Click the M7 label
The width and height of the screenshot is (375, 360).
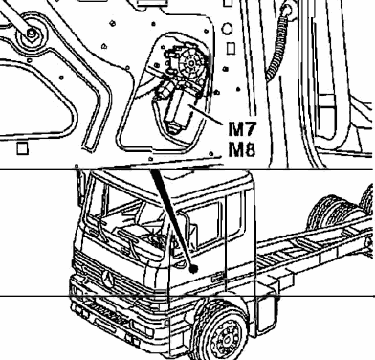pyautogui.click(x=243, y=128)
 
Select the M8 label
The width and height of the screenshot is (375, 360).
pyautogui.click(x=242, y=149)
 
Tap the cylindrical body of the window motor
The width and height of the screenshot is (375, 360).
pyautogui.click(x=178, y=108)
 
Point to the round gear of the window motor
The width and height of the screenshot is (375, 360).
pyautogui.click(x=191, y=64)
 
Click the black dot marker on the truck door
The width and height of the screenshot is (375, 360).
pyautogui.click(x=193, y=269)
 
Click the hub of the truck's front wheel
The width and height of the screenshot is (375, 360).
pyautogui.click(x=227, y=338)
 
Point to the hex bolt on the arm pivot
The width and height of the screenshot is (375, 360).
pyautogui.click(x=32, y=32)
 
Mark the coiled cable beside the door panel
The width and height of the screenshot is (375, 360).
pyautogui.click(x=276, y=48)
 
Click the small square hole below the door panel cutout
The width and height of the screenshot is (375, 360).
pyautogui.click(x=22, y=148)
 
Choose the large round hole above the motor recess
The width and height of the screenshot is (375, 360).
pyautogui.click(x=227, y=29)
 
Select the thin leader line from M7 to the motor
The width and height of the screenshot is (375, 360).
pyautogui.click(x=207, y=114)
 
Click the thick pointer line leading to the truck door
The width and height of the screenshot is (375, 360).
pyautogui.click(x=172, y=218)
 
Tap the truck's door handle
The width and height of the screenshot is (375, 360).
pyautogui.click(x=218, y=279)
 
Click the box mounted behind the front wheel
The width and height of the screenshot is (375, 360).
pyautogui.click(x=267, y=316)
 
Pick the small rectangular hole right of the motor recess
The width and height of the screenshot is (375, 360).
pyautogui.click(x=231, y=49)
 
